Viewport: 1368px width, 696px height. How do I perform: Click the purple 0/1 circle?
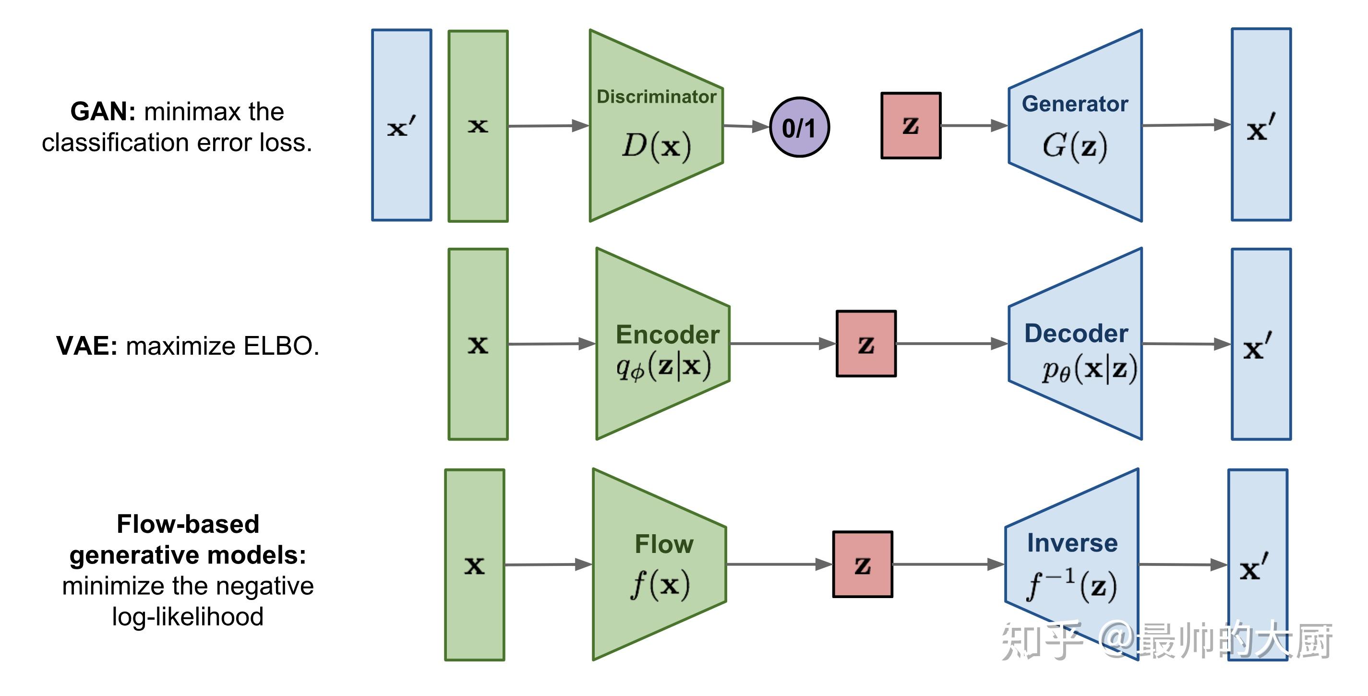tap(799, 127)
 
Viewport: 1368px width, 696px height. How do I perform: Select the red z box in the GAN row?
tap(910, 126)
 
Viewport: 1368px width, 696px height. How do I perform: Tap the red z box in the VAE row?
tap(865, 344)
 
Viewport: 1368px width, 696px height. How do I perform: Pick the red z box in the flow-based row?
tap(862, 564)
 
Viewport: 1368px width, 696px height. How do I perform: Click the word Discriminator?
tap(656, 96)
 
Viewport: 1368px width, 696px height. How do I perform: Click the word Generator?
tap(1074, 104)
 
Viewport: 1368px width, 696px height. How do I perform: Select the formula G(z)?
tap(1074, 145)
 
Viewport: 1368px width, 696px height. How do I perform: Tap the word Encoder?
tap(667, 335)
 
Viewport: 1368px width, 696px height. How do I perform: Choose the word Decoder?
tap(1076, 334)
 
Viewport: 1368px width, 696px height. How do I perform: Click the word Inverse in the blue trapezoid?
tap(1072, 543)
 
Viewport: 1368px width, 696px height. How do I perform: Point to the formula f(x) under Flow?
tap(660, 585)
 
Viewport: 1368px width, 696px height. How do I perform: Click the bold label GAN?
tap(103, 111)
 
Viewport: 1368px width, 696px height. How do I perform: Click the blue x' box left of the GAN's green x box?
tap(401, 125)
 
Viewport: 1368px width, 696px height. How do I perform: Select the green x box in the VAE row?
tap(478, 344)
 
